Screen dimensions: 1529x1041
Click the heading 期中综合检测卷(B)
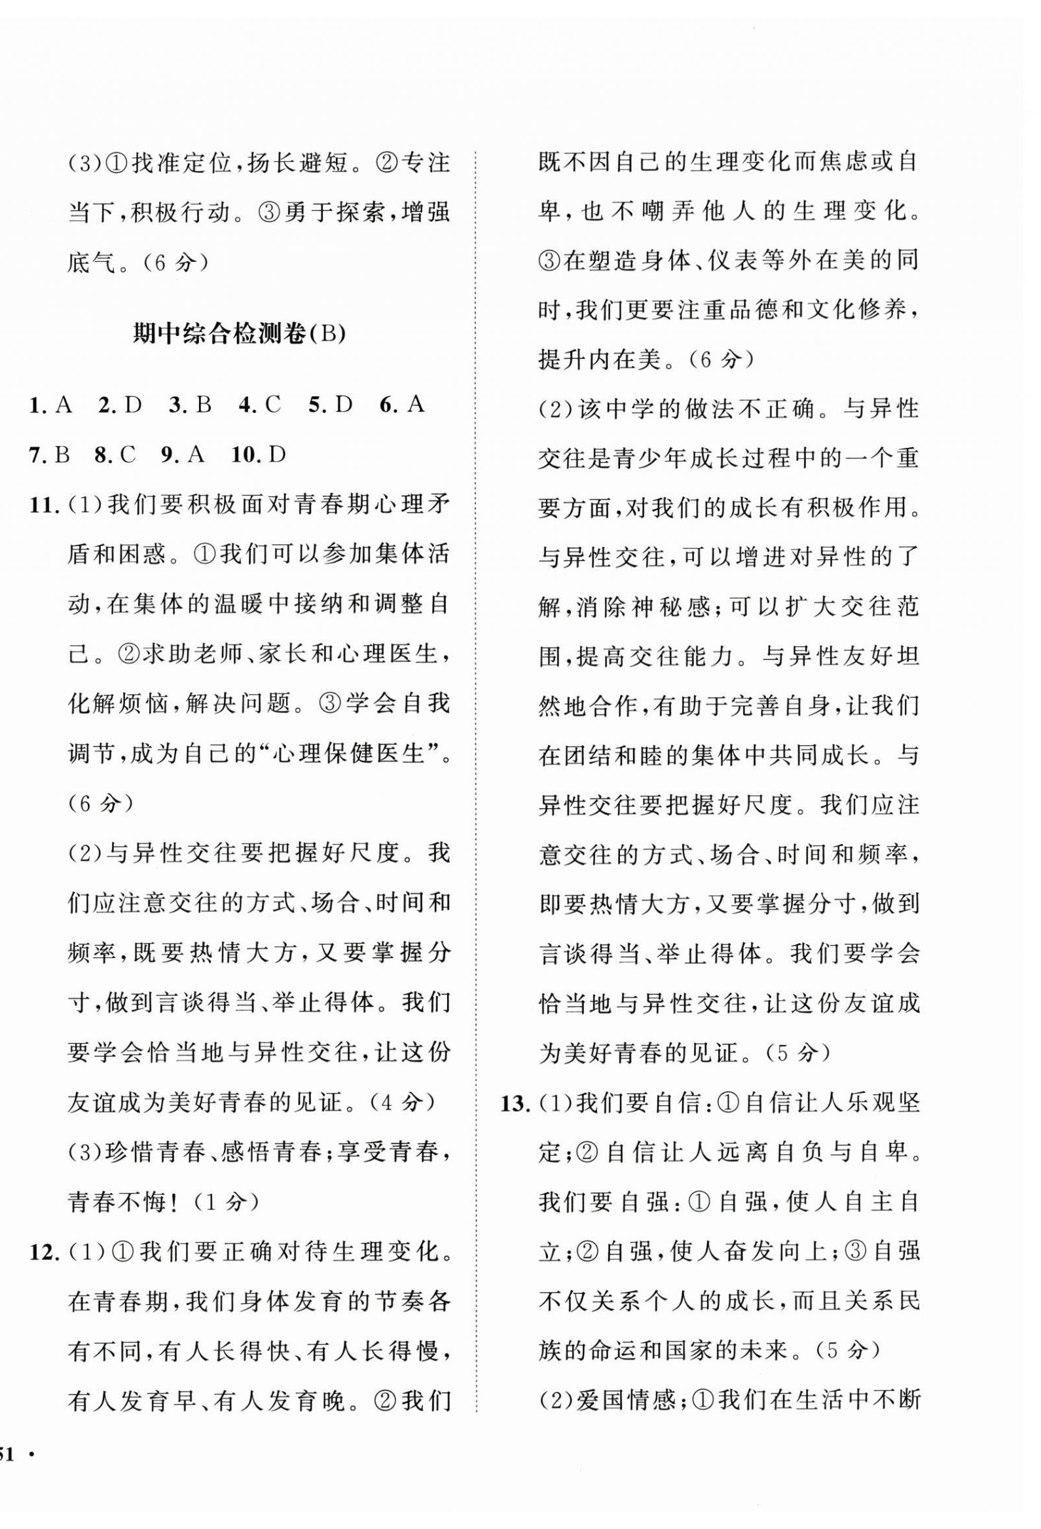239,334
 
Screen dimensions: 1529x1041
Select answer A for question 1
64,405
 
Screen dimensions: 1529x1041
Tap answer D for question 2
133,405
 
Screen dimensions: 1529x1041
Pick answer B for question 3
202,405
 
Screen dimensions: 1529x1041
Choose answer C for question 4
272,405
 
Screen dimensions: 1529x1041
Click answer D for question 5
344,405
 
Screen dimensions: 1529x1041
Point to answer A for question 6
416,405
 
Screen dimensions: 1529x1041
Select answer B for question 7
62,454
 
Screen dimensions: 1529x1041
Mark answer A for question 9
196,454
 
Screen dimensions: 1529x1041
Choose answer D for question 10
278,454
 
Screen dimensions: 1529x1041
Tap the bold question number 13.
515,1103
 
